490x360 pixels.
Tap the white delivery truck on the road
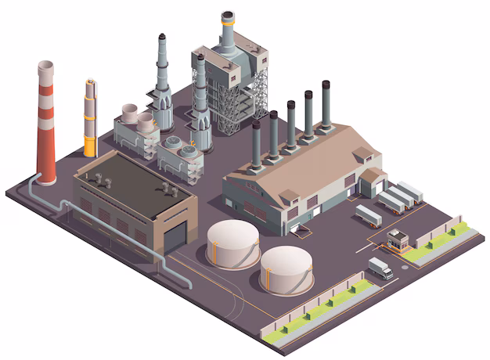[x=380, y=268]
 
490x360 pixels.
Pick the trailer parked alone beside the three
[x=368, y=214]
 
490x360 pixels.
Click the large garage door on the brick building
[x=175, y=233]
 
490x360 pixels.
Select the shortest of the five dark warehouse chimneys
[x=257, y=145]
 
